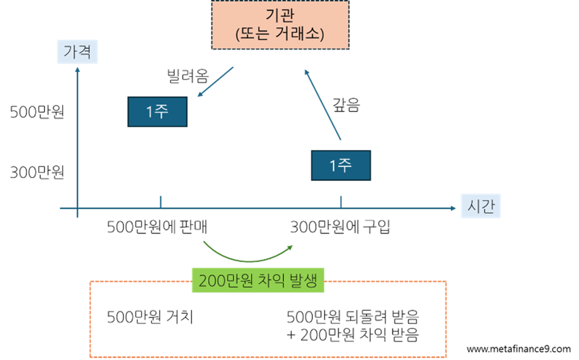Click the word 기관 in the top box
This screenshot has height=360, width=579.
tap(280, 15)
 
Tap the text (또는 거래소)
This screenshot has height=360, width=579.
tap(280, 34)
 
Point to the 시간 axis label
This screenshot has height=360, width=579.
tap(480, 207)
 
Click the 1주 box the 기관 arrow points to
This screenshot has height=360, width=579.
tap(157, 112)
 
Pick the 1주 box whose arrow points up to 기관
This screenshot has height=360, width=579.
tap(341, 165)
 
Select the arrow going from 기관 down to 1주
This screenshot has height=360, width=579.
tap(216, 82)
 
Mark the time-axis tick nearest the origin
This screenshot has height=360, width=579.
tap(161, 202)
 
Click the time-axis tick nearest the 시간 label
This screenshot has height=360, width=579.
tap(341, 202)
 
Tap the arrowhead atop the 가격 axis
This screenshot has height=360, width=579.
tap(78, 69)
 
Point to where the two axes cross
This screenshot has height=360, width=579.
tap(78, 208)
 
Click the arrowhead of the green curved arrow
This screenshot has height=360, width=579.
tap(290, 247)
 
